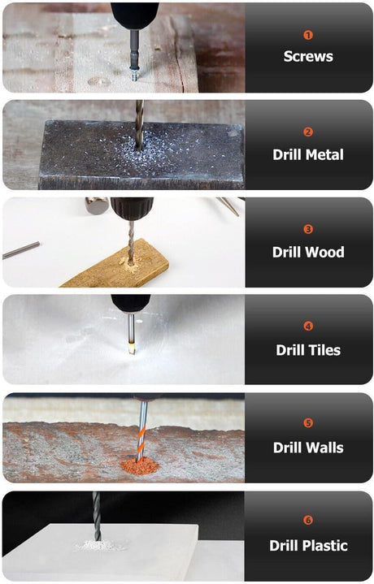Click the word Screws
tap(308, 56)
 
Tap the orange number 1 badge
tap(308, 35)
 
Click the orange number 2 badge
tap(308, 132)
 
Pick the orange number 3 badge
tap(308, 229)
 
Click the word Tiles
tap(324, 350)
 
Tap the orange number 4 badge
tap(308, 327)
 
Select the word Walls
tap(324, 448)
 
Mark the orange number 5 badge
tap(308, 423)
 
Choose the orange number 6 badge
tap(308, 520)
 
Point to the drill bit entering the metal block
tap(139, 125)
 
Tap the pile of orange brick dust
tap(140, 466)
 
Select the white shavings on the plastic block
tap(98, 546)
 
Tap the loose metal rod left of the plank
tap(21, 250)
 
